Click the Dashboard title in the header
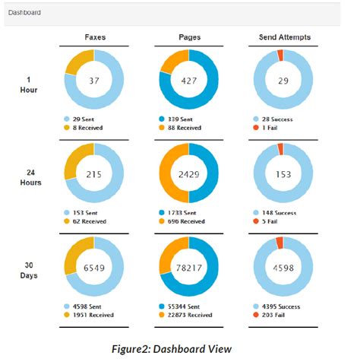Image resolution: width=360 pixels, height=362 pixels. tap(24, 14)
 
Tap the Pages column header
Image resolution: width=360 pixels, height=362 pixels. tap(188, 37)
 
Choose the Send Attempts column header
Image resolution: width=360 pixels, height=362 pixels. tap(283, 37)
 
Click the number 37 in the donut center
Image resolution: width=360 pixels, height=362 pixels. tap(94, 81)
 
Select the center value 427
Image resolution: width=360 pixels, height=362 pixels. tap(188, 81)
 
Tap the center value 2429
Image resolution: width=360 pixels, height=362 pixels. tap(188, 174)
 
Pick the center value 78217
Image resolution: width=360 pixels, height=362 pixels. tap(188, 268)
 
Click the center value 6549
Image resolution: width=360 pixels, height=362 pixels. tap(94, 268)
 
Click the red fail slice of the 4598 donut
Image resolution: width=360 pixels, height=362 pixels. tap(280, 242)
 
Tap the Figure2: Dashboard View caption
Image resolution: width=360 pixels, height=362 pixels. tap(180, 348)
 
